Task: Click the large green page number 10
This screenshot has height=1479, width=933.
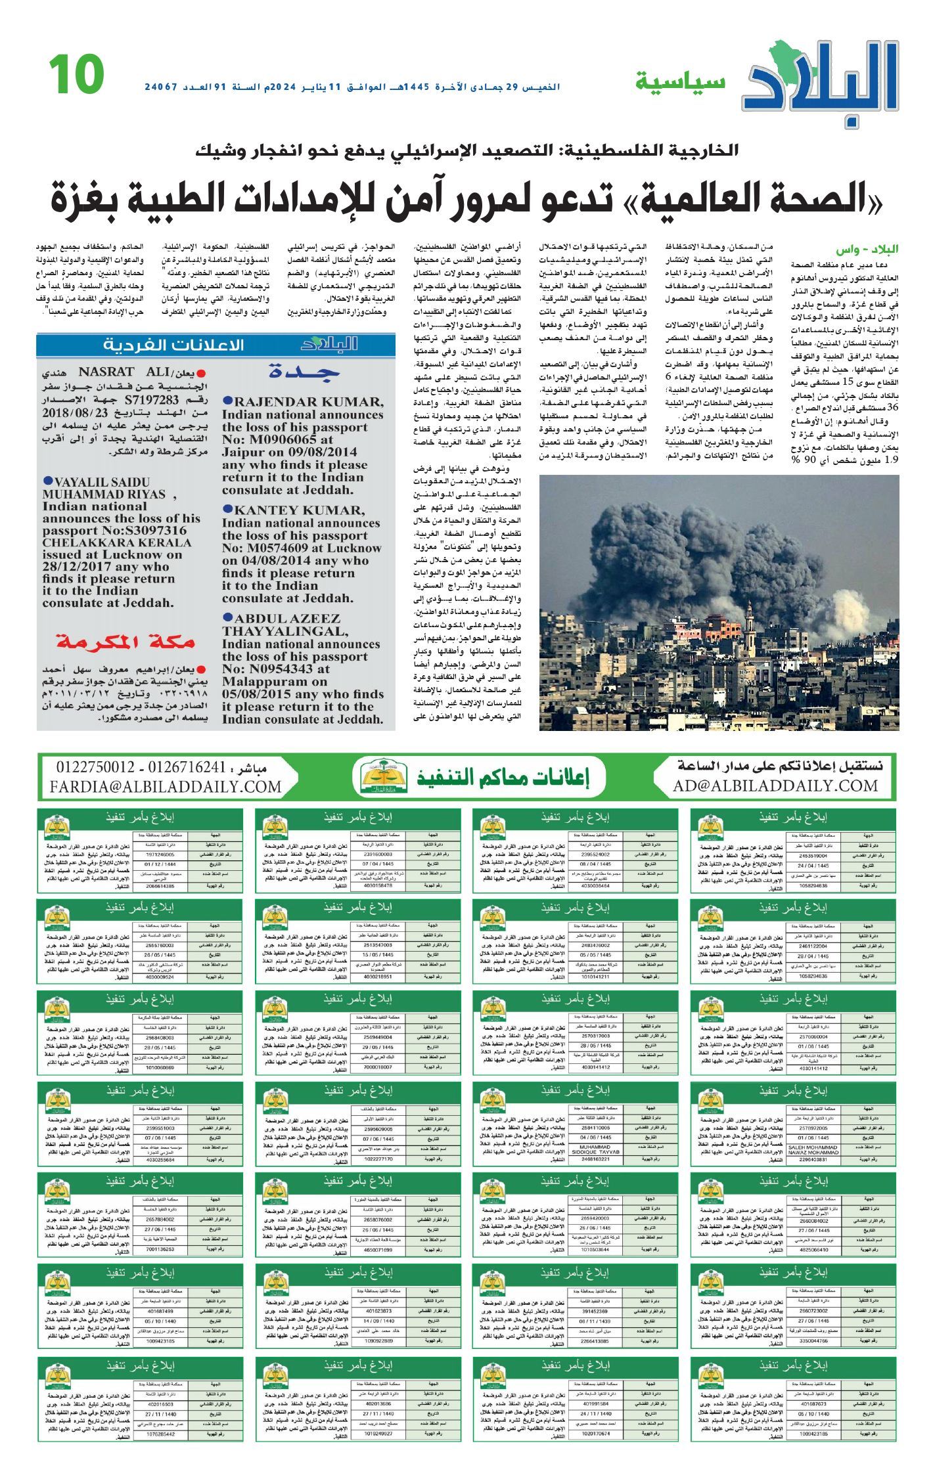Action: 76,74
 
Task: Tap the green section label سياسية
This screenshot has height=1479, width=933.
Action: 680,82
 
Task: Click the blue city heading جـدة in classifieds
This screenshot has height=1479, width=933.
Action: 304,372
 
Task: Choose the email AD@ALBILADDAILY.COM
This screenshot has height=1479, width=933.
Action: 775,785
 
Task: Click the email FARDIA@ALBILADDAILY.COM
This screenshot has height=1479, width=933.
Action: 165,786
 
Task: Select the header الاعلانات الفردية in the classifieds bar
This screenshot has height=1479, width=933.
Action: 173,345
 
